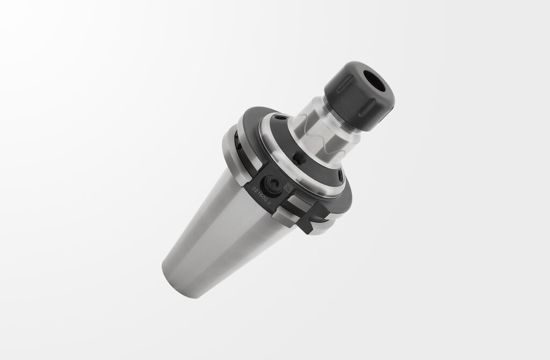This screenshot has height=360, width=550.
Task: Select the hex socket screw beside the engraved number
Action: point(272,184)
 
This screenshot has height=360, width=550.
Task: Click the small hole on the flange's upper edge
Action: point(277,116)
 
